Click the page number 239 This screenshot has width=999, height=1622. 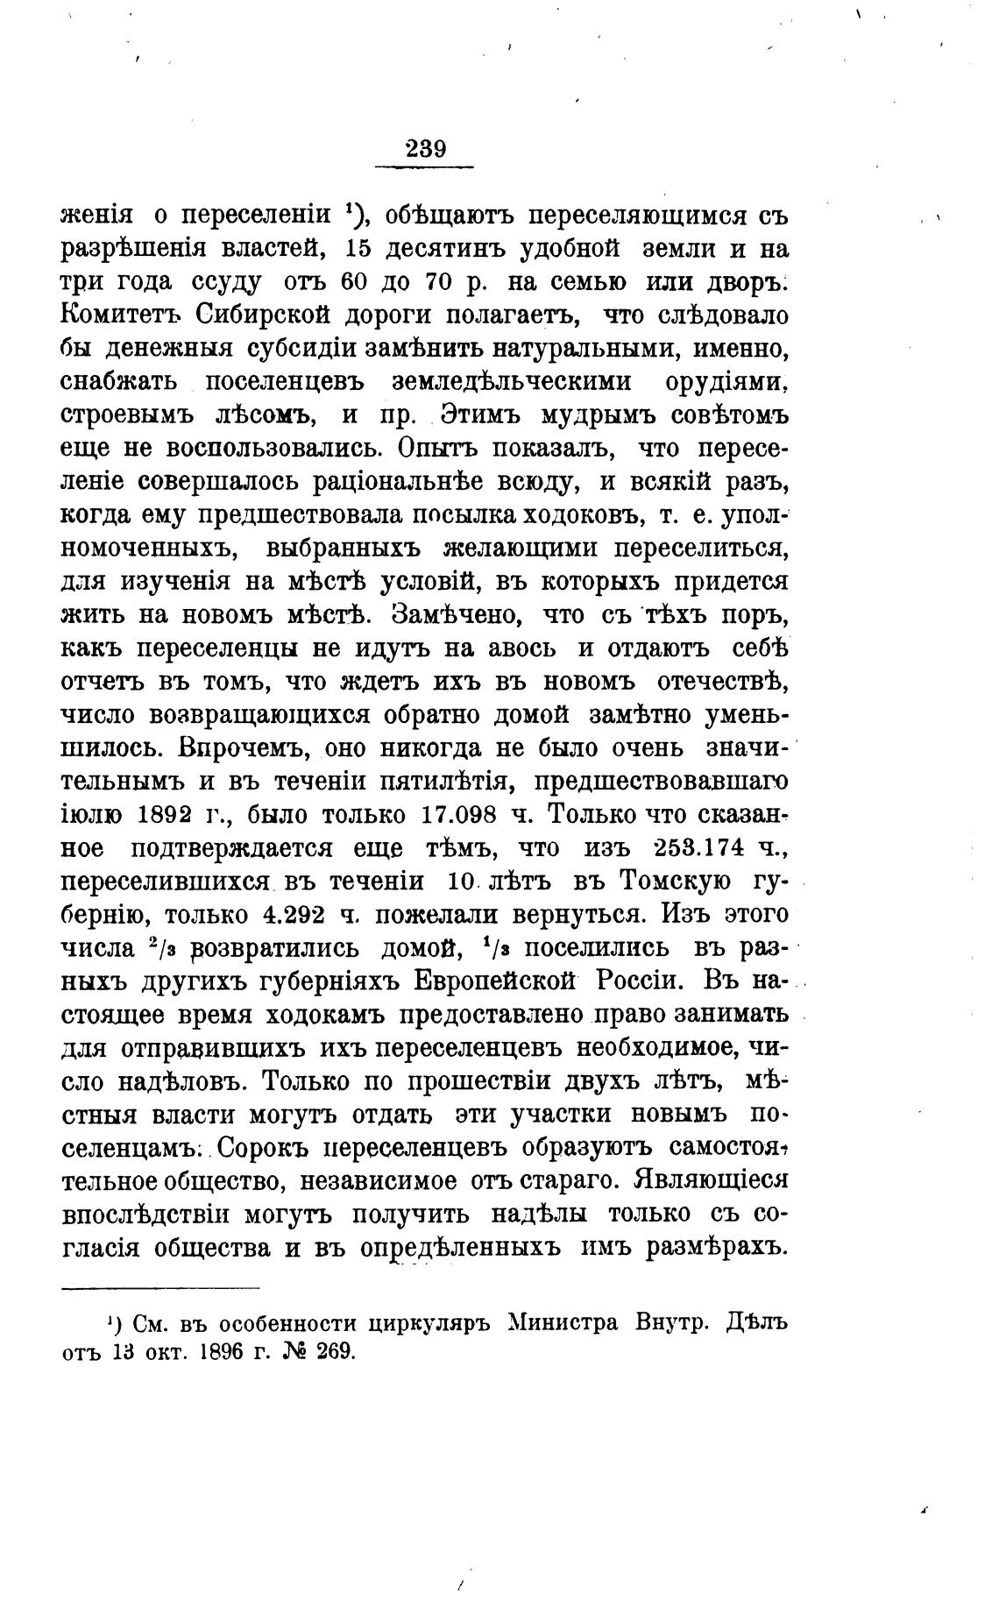[x=426, y=149]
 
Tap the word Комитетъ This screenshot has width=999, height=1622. [x=120, y=315]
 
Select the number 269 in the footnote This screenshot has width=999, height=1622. [x=330, y=1351]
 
